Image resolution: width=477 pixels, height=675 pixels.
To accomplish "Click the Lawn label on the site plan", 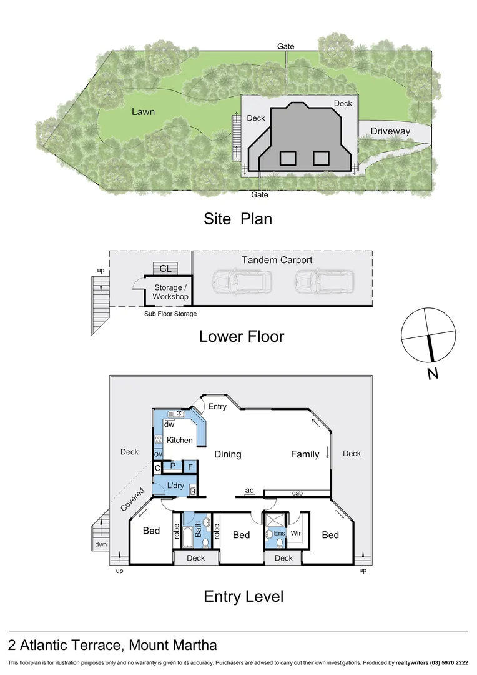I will coord(143,112).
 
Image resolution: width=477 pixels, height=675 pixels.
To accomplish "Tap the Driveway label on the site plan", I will coord(390,131).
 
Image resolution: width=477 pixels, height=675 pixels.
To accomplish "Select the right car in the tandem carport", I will coord(323,282).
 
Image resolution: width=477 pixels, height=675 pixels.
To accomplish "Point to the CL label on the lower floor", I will coord(165,269).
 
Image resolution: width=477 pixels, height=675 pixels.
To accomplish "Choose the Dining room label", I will coord(227,454).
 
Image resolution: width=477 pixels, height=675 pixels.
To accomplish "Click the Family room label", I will coord(305,454).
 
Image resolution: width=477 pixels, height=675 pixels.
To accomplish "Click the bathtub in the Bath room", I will coord(186,535).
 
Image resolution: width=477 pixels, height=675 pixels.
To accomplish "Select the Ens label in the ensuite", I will coord(280,533).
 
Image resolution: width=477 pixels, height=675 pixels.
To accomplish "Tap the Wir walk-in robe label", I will coord(296,533).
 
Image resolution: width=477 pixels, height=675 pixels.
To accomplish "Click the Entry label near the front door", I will coord(218,407).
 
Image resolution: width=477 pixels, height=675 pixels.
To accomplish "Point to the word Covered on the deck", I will coord(132,499).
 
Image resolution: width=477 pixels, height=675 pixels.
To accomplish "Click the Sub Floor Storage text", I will coord(170,314).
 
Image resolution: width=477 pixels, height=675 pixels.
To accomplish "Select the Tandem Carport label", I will coord(277,260).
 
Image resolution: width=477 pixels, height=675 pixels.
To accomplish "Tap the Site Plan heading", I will coord(237,219).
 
